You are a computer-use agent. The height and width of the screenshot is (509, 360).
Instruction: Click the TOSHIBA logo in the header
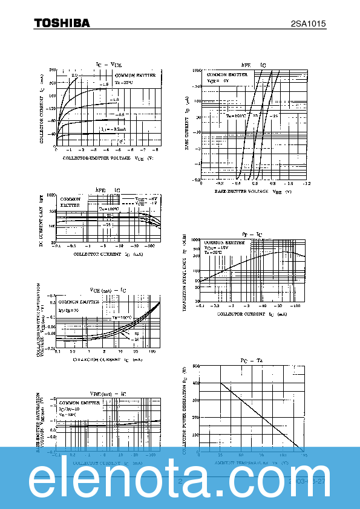pos(62,22)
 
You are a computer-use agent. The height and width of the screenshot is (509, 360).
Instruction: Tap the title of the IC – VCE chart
pos(109,64)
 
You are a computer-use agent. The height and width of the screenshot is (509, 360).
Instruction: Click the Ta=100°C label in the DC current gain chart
pos(109,208)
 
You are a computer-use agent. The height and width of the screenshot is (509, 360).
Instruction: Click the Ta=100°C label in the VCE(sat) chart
pos(121,317)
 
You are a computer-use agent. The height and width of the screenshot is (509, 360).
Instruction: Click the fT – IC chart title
pos(252,233)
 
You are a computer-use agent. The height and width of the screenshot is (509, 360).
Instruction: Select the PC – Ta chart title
pos(252,360)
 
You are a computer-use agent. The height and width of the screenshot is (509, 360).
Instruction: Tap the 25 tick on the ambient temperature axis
pos(220,455)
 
